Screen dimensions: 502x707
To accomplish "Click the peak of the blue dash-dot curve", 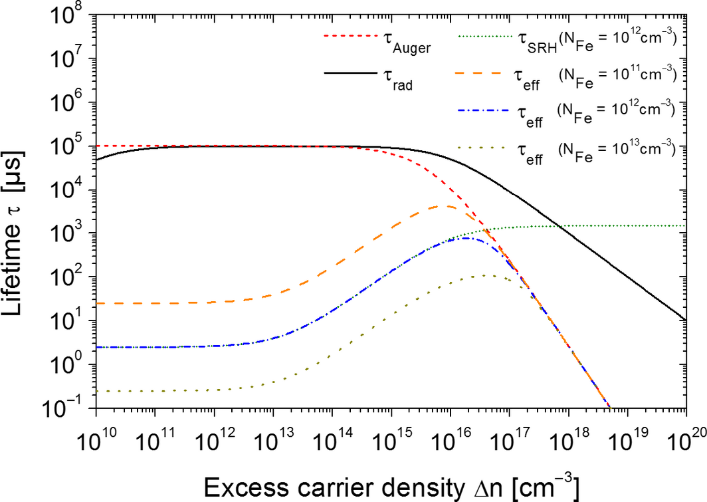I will click(466, 238).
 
